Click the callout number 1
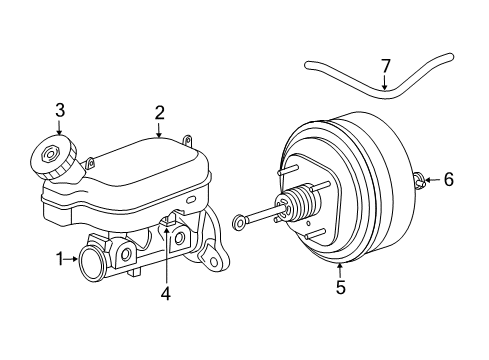(61, 260)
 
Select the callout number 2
(158, 113)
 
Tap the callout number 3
(60, 109)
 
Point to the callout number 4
(166, 294)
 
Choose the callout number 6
(448, 180)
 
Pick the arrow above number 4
(167, 271)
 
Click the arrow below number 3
(60, 128)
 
